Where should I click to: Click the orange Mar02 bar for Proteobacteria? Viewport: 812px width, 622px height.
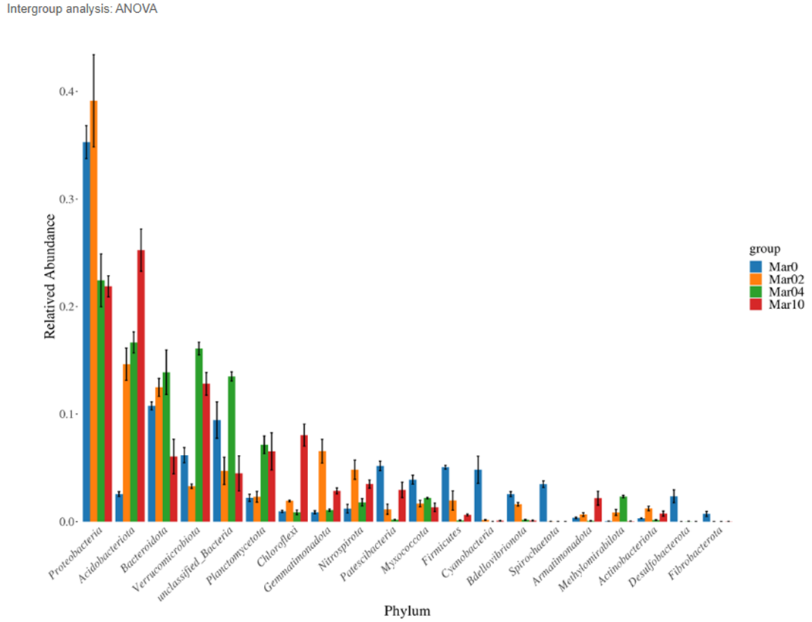tap(93, 311)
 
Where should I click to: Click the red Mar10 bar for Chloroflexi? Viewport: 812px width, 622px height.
tap(304, 478)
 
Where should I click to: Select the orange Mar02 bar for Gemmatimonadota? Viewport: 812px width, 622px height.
tap(322, 487)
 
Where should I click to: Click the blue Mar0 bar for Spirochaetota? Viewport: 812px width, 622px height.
tap(543, 503)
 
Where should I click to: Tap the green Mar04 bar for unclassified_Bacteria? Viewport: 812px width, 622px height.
tap(231, 449)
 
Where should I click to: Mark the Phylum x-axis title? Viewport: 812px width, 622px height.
tap(407, 611)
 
